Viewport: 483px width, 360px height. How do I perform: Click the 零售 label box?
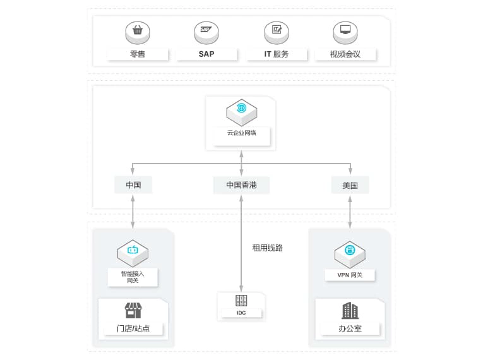click(x=138, y=54)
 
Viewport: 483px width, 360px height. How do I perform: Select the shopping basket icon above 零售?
click(x=138, y=30)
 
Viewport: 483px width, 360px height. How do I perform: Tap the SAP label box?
click(x=206, y=54)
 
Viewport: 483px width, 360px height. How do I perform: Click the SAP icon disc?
click(x=206, y=30)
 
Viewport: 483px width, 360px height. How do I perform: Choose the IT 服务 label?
click(x=276, y=54)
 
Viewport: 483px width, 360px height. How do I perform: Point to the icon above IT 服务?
click(x=276, y=30)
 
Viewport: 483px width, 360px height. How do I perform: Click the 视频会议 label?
click(x=345, y=54)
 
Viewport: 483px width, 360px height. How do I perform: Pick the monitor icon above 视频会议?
click(x=345, y=30)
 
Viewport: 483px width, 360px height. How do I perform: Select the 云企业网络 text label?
click(x=242, y=133)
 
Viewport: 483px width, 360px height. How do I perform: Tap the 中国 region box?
click(x=133, y=185)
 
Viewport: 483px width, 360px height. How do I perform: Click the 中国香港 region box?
click(x=242, y=185)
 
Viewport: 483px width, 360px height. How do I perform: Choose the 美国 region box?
click(x=350, y=185)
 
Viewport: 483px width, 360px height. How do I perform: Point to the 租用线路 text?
click(x=268, y=248)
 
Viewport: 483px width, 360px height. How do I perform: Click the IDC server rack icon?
click(x=241, y=301)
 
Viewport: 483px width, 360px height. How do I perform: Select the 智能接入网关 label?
click(x=133, y=277)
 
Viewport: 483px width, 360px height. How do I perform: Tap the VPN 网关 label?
click(x=350, y=275)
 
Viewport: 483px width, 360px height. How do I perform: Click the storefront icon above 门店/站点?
click(x=133, y=310)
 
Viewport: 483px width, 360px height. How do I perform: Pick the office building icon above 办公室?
click(x=350, y=310)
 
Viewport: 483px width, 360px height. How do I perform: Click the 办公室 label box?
click(x=350, y=328)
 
